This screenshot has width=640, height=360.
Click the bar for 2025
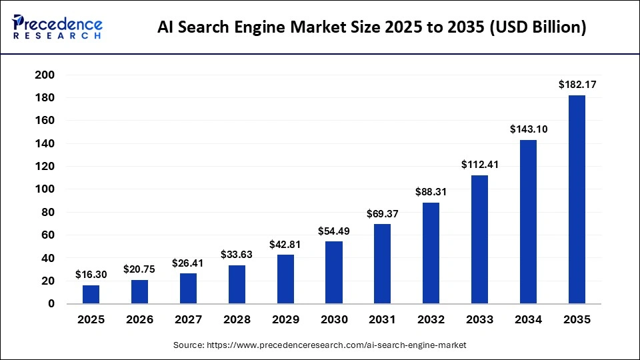click(91, 295)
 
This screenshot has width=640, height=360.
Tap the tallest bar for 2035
click(577, 200)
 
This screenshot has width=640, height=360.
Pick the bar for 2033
click(479, 240)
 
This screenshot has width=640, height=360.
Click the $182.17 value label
click(577, 85)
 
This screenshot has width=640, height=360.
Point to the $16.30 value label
click(91, 275)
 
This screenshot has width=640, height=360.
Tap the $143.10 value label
click(528, 129)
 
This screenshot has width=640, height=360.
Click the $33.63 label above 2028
click(237, 254)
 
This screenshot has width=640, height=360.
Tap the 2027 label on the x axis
click(188, 319)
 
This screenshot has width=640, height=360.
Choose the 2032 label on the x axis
click(431, 319)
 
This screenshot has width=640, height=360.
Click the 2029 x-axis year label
click(285, 319)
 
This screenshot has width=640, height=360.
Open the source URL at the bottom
click(320, 345)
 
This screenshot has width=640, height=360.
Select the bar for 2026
click(139, 292)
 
